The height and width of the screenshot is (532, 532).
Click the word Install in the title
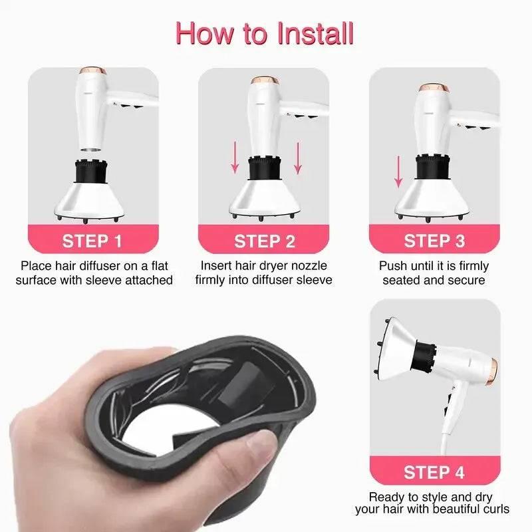315,34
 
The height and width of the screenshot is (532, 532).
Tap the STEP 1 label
92,241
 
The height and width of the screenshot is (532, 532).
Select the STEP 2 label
264,241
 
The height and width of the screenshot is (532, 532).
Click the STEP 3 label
434,241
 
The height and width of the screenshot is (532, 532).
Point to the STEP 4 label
434,472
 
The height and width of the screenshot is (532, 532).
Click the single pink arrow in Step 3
398,172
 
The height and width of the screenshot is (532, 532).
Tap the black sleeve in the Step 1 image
91,172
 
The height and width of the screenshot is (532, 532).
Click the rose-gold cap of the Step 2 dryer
265,80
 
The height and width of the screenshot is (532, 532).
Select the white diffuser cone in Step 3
432,198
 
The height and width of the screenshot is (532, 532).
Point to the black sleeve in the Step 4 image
424,356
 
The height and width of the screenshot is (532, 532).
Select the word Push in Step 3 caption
393,265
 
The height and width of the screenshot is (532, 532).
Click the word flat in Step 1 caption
160,265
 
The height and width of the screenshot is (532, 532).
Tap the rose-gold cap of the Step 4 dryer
492,372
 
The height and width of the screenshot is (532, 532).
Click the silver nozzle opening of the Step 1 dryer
91,149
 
